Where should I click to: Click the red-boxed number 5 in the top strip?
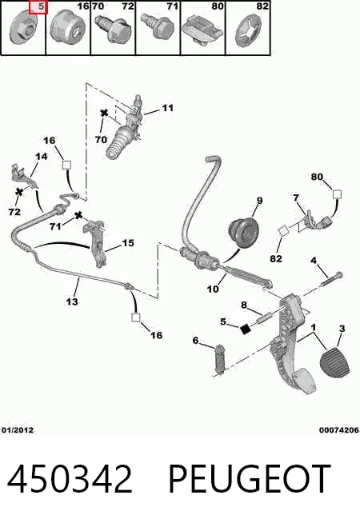41,6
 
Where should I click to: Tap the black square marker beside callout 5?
246,329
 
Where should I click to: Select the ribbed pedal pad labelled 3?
334,364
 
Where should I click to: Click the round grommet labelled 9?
244,232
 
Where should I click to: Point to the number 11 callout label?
168,108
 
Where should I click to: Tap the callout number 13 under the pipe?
72,301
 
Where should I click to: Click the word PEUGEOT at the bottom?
250,478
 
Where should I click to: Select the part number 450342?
70,478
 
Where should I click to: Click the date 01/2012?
18,430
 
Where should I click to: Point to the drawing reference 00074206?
338,430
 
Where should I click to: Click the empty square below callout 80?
337,194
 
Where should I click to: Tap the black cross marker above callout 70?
105,113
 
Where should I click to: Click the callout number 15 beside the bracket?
128,243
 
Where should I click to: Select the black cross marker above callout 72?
19,191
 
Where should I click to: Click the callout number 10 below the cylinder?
213,289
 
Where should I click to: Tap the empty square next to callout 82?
283,230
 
